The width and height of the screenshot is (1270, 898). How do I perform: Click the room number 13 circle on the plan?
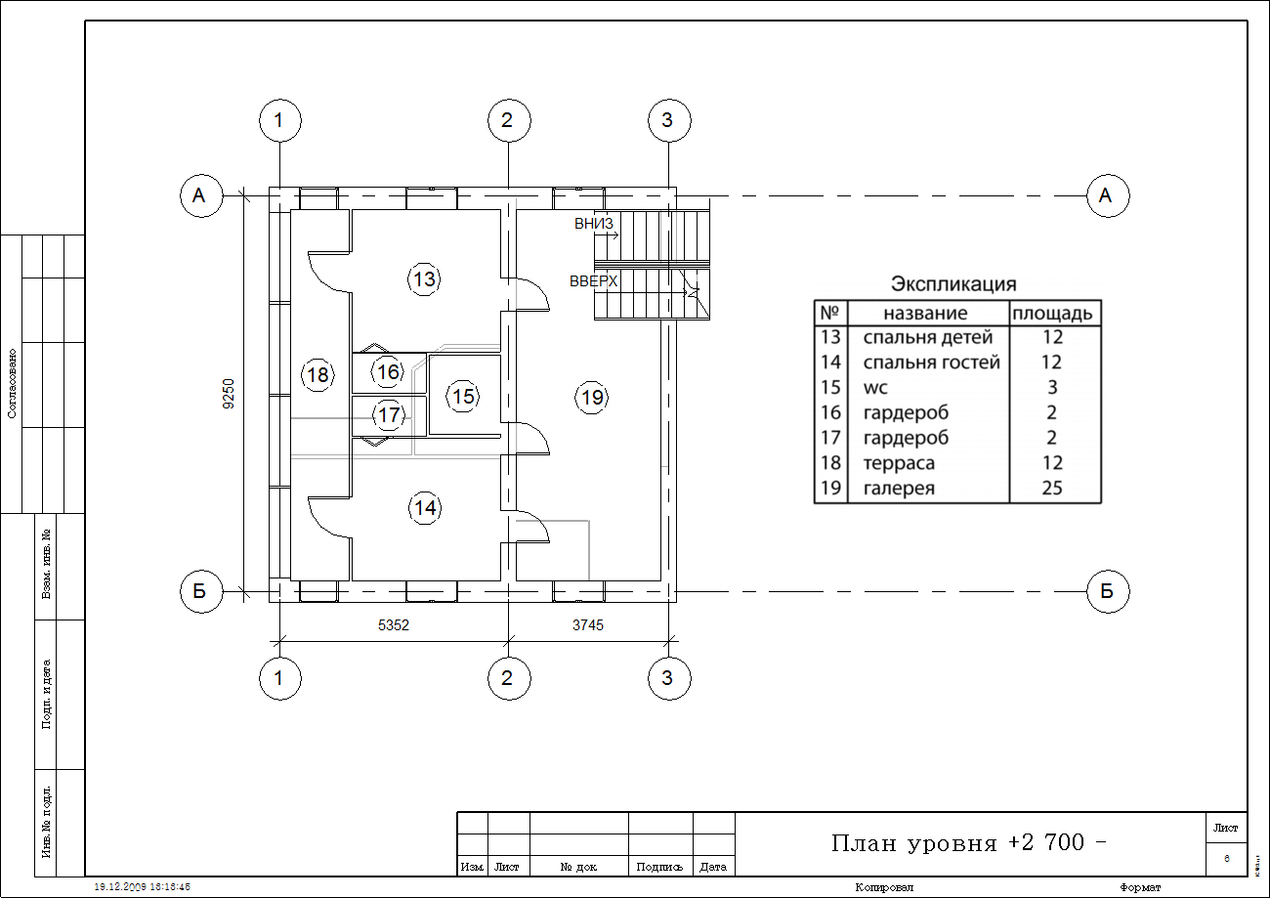point(423,279)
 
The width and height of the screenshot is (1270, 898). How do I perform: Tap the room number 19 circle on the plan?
point(592,397)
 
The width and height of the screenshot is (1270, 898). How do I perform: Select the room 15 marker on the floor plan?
point(463,396)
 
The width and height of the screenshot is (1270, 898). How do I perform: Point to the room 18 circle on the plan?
point(317,375)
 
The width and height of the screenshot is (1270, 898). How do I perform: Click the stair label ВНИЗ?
point(594,224)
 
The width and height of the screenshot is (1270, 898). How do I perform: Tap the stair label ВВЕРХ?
point(594,281)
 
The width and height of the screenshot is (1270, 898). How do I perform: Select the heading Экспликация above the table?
point(953,284)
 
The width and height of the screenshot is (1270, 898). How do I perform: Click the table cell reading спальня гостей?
point(931,363)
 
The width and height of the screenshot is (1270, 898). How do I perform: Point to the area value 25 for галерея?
point(1052,489)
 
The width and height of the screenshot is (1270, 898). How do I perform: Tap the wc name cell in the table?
point(875,388)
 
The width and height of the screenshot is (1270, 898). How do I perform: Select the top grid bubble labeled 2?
point(508,121)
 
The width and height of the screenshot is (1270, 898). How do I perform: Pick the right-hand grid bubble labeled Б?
point(1108,591)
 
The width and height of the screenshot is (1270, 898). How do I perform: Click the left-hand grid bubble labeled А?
point(200,195)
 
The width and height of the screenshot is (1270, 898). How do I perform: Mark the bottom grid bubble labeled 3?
point(668,679)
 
